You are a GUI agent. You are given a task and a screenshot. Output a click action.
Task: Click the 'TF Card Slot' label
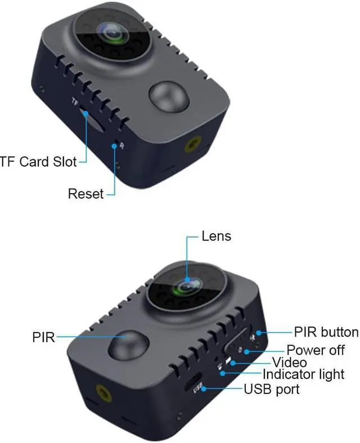click(x=38, y=162)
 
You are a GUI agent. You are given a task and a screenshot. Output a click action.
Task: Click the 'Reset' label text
click(x=86, y=194)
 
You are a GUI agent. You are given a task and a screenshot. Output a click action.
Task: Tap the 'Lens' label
click(x=217, y=236)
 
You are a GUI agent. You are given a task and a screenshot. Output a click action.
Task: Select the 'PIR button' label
click(x=326, y=332)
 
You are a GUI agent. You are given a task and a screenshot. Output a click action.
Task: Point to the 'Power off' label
click(x=316, y=350)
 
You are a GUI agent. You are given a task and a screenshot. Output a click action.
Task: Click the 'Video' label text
click(x=290, y=363)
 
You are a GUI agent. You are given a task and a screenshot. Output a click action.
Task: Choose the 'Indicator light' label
click(x=304, y=374)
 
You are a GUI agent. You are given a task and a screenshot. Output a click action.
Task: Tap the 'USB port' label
click(x=272, y=389)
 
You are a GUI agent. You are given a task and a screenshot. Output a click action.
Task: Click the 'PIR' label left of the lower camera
click(x=43, y=337)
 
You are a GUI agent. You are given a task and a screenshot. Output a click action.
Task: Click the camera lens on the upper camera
click(x=114, y=33)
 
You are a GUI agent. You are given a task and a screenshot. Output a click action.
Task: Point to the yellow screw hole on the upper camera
click(x=193, y=145)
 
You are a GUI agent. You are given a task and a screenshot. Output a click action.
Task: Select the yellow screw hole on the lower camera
click(x=103, y=393)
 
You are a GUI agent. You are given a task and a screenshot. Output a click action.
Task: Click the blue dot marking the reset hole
click(x=114, y=146)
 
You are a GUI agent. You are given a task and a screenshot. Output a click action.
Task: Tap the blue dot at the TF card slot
click(x=86, y=114)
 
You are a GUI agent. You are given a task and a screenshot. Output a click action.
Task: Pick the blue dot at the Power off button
click(x=247, y=352)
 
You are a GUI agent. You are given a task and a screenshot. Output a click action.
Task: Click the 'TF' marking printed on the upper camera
click(x=75, y=102)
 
